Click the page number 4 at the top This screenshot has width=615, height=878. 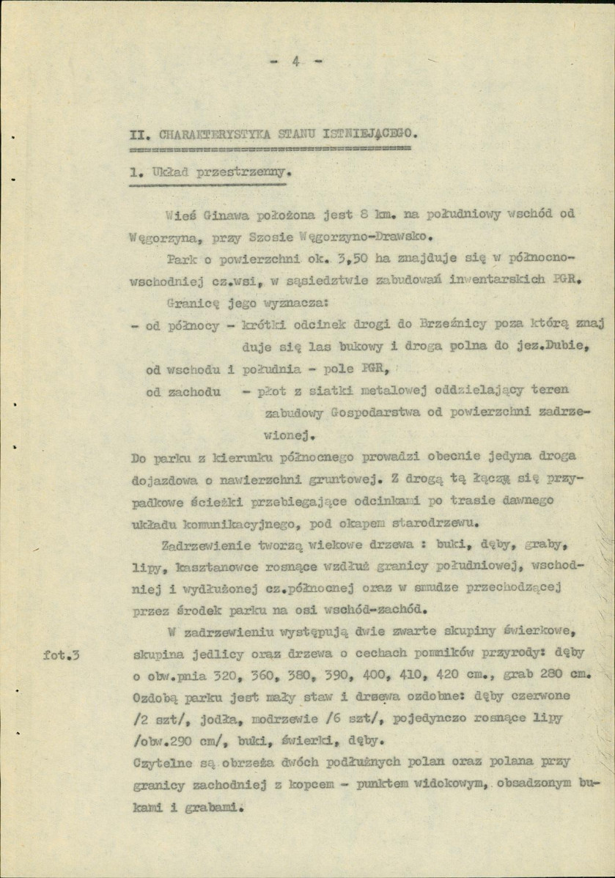pyautogui.click(x=295, y=62)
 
